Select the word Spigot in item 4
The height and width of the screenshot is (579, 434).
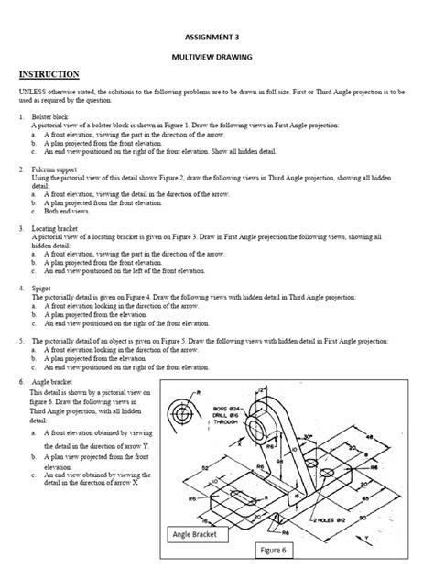click(x=41, y=287)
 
